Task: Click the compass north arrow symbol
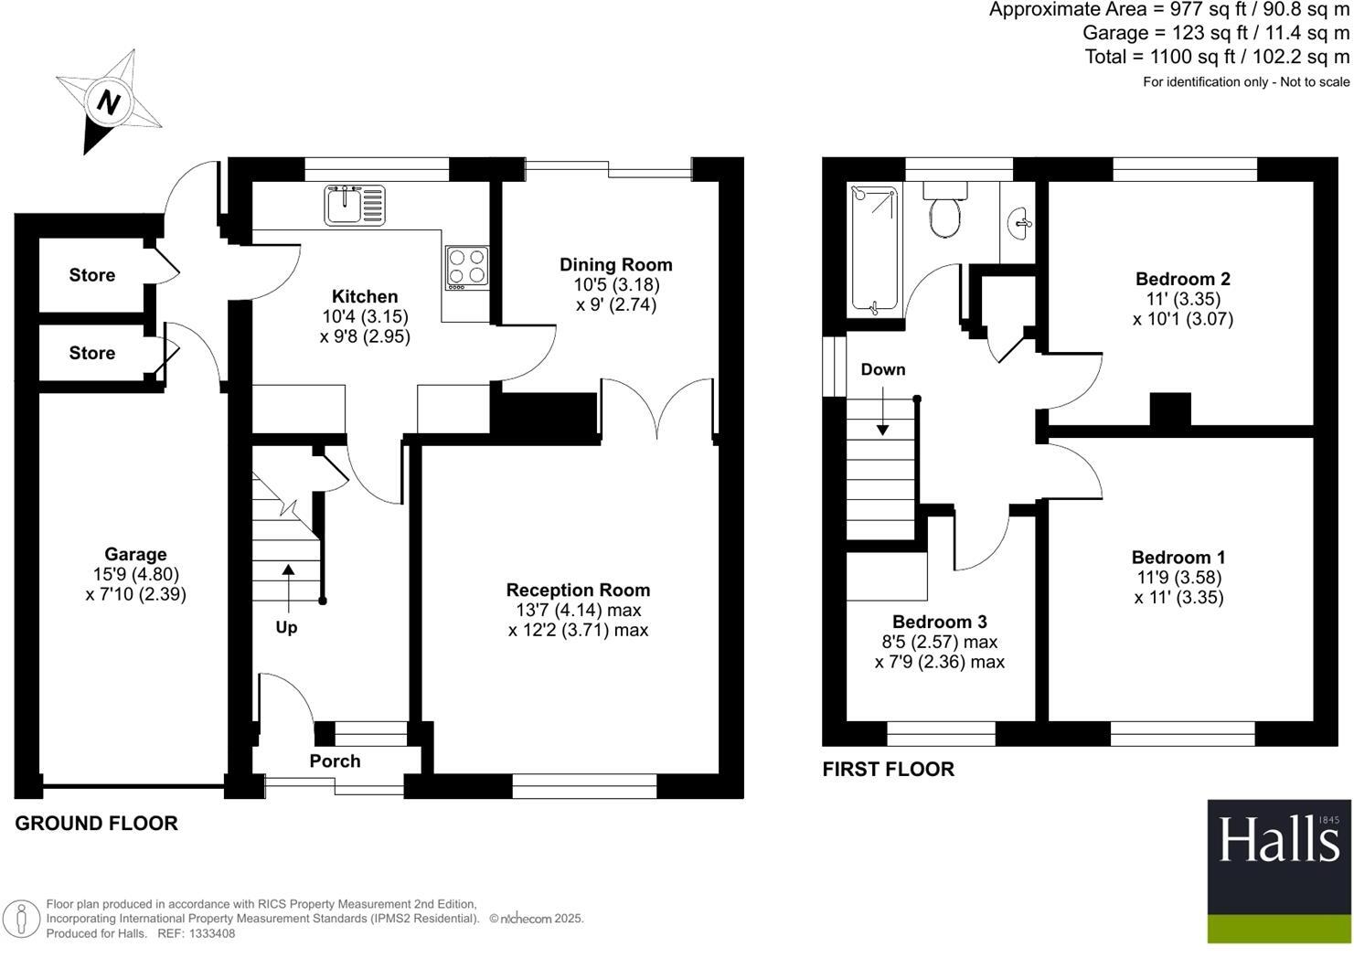tap(109, 101)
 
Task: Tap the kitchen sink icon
tap(355, 205)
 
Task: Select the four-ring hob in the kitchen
tap(466, 268)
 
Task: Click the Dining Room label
tap(615, 265)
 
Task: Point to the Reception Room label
tap(578, 591)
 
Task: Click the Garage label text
tap(135, 554)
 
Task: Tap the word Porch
tap(335, 761)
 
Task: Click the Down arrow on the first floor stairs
tap(882, 411)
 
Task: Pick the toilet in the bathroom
tap(945, 212)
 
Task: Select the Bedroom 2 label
tap(1182, 280)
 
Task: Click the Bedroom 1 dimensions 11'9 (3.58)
tap(1178, 578)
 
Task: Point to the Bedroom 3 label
tap(939, 622)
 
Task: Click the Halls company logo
tap(1278, 870)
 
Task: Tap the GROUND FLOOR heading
tap(96, 824)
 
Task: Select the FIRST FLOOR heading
tap(888, 770)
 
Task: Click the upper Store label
tap(92, 275)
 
